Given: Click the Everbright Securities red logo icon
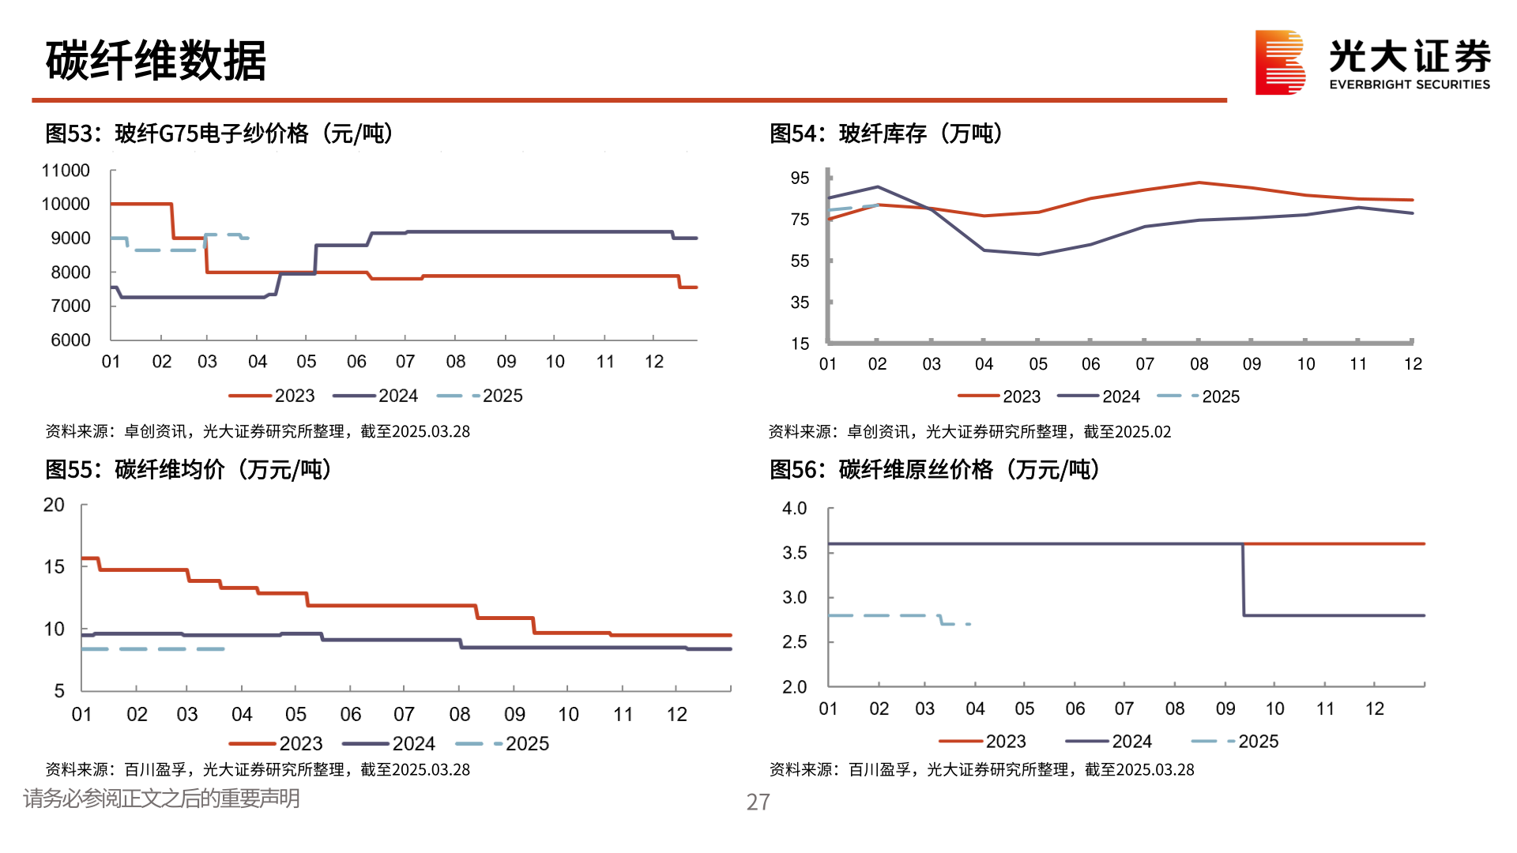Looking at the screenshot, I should pos(1279,62).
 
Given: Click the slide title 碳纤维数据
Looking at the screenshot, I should pos(156,61).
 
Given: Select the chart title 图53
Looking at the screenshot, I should pos(219,133).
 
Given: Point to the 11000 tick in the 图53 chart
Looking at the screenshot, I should pos(66,171).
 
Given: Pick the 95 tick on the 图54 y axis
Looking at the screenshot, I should pos(800,178).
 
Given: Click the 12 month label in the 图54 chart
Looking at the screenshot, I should pos(1412,364).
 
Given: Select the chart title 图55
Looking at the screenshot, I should pos(187,469).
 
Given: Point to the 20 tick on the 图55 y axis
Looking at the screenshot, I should pos(54,505).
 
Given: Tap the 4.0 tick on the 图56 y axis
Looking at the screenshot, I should pos(794,509).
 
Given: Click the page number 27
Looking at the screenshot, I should pos(758,802).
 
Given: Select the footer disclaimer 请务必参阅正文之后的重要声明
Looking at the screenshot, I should pos(161,799).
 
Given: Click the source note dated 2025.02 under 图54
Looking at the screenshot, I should pos(969,432).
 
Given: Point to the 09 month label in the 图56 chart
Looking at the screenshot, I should pos(1225,708).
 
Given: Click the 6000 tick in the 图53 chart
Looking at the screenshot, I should pos(70,340).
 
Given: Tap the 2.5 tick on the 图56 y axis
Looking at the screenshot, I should pos(794,642).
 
